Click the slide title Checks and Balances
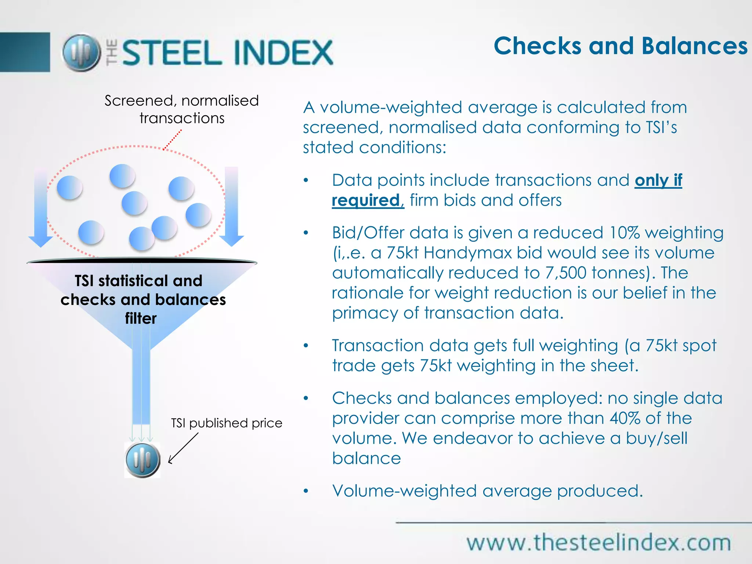point(620,46)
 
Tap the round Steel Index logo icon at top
point(81,53)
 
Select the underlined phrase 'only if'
point(658,180)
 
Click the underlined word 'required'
point(366,200)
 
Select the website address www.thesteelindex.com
point(599,543)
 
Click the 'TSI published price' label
point(227,423)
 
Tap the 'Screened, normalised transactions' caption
point(182,109)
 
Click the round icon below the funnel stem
point(142,460)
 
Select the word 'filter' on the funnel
point(141,318)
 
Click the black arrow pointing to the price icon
point(183,448)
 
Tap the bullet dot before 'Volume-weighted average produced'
point(306,491)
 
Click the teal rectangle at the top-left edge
point(25,52)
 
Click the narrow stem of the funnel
point(141,386)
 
